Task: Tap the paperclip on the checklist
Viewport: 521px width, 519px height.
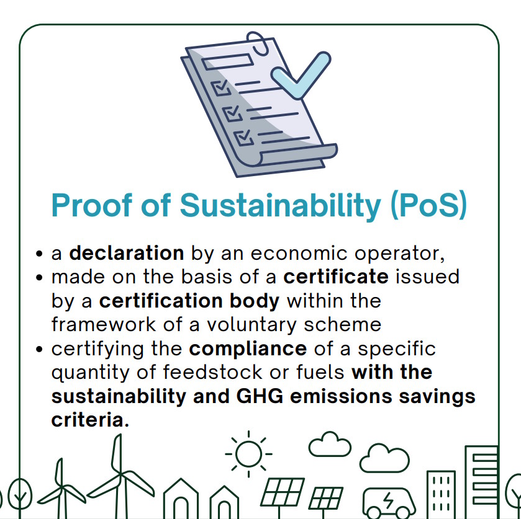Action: coord(257,43)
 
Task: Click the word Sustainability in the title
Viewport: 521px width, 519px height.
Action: coord(280,206)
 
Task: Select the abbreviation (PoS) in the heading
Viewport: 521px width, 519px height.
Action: coord(428,205)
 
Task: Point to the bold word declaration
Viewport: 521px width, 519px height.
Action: coord(126,253)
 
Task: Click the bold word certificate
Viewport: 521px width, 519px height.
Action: coord(335,277)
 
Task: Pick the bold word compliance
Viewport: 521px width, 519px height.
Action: coord(248,348)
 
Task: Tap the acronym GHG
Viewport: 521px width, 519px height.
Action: coord(260,396)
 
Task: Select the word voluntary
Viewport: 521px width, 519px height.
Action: coord(251,325)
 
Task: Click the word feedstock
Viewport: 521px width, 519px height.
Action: coord(212,372)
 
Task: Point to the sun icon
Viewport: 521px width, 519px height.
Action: coord(248,454)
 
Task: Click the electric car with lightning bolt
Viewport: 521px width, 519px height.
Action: coord(389,503)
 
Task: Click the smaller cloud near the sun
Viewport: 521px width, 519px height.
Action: coord(330,444)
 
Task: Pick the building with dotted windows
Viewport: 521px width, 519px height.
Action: coord(441,494)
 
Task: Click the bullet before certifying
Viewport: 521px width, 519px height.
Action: coord(39,350)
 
